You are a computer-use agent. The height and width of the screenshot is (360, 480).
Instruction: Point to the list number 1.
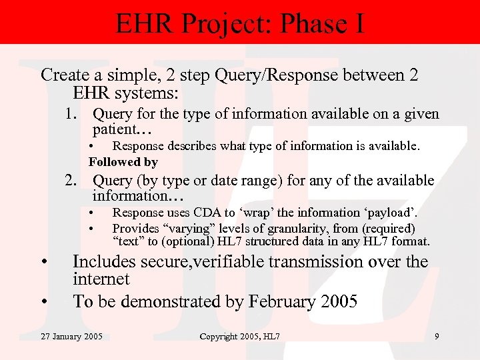point(72,114)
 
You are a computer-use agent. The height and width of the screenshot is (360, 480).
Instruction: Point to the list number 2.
point(72,181)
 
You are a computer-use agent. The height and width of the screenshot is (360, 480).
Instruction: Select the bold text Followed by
point(123,161)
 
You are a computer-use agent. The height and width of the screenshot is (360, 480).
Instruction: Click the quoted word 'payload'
point(394,213)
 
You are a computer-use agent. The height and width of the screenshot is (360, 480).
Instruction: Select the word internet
point(101,279)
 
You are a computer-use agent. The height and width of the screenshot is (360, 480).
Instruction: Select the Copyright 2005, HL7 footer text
point(240,337)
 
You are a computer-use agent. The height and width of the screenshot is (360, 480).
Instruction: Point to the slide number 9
point(436,337)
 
